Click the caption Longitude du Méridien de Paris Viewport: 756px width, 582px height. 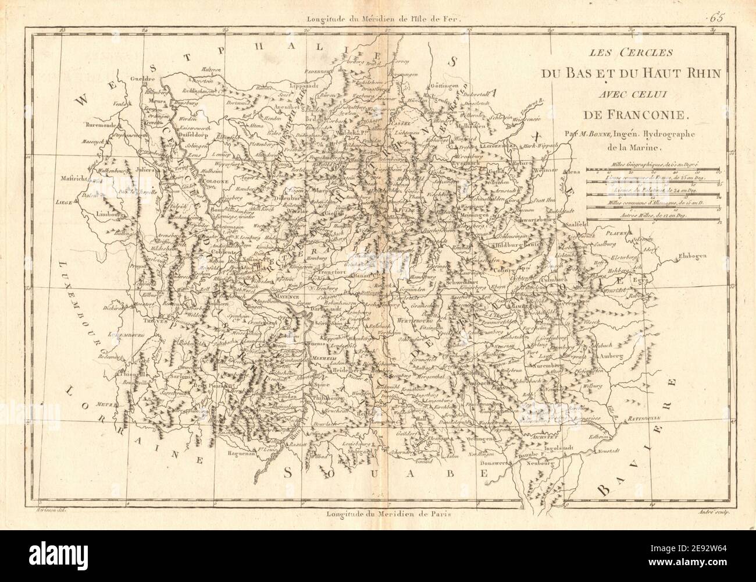388,513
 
